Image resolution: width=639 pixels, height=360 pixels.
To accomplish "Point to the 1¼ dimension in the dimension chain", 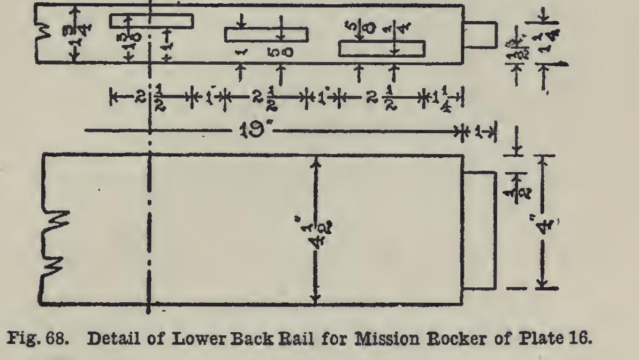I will [x=443, y=97].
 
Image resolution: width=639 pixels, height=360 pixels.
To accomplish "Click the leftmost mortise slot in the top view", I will [x=151, y=20].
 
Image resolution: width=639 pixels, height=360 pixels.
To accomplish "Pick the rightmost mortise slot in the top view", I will [x=382, y=49].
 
